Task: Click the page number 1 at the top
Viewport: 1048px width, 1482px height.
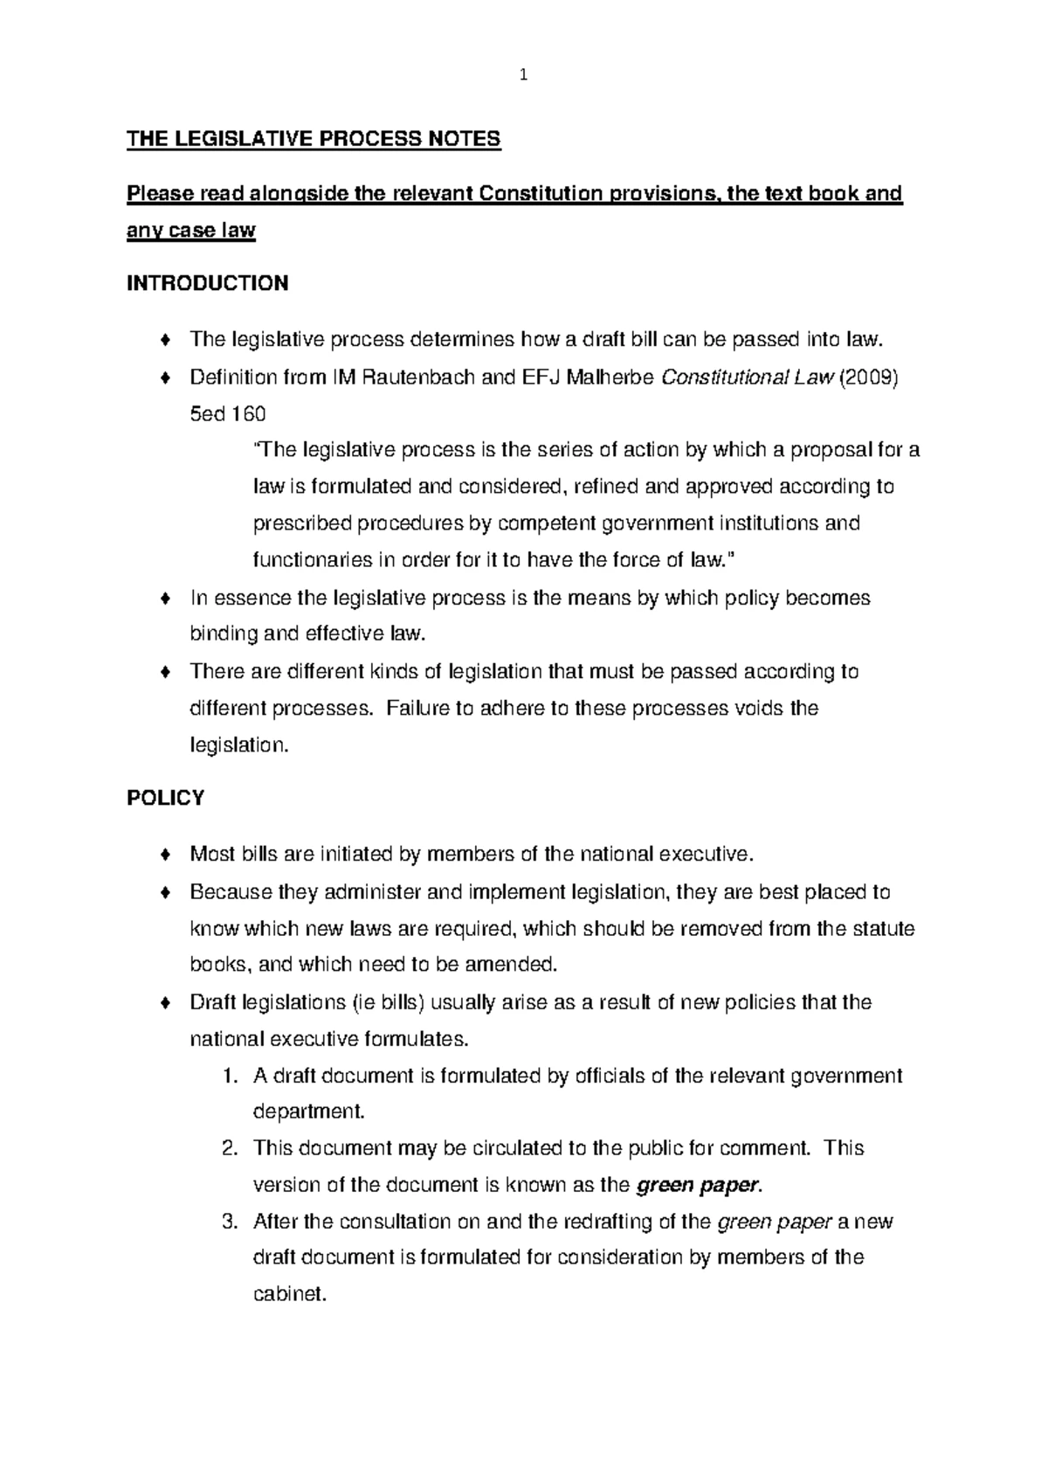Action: (x=522, y=75)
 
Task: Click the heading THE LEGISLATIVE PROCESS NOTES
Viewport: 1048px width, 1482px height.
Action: (x=314, y=139)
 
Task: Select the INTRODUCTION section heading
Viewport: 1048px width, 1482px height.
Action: (x=207, y=283)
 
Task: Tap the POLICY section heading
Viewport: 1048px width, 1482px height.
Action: (x=165, y=798)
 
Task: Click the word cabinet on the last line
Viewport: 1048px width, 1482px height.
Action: (x=289, y=1294)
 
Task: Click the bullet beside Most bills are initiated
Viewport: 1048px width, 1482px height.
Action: (x=165, y=855)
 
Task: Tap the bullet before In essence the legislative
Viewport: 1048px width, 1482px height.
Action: (x=165, y=599)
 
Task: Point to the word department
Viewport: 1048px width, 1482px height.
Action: (x=308, y=1112)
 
